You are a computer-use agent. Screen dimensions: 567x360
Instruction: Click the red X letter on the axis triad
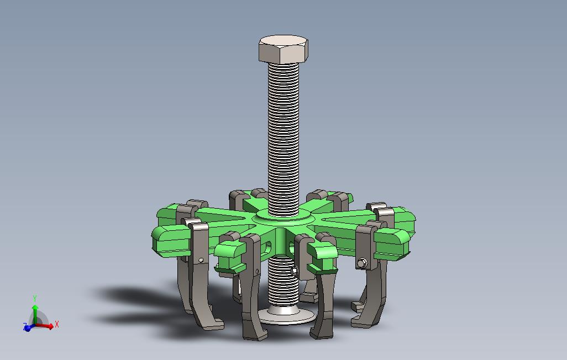point(57,324)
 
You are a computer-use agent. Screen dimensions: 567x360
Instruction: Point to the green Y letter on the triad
point(35,299)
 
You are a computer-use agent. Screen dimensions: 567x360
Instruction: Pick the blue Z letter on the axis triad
point(24,325)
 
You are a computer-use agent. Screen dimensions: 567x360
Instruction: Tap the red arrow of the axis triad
point(44,325)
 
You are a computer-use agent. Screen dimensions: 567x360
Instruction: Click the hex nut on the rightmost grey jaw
point(362,263)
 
